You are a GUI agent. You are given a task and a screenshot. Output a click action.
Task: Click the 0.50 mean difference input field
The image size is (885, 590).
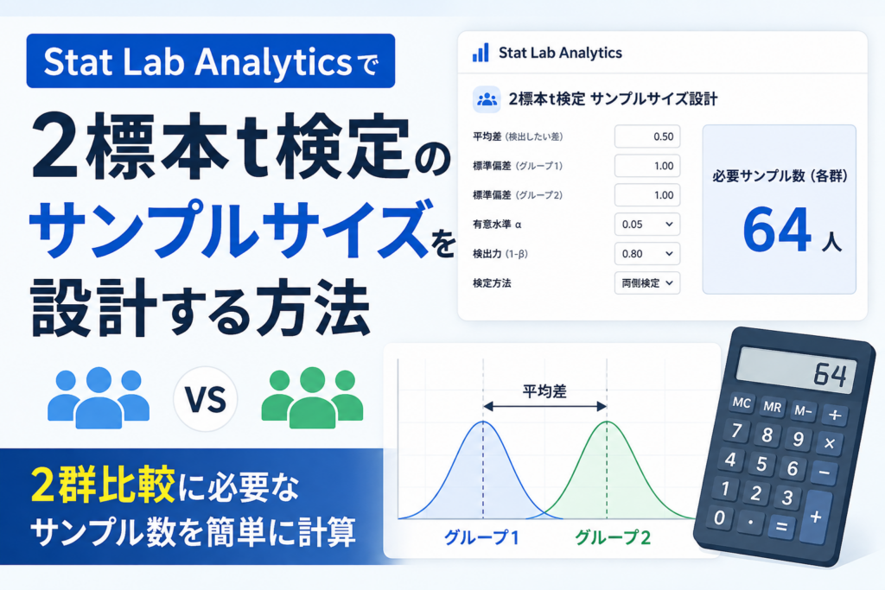(646, 136)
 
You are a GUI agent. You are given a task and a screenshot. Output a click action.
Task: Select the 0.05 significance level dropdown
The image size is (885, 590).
(646, 225)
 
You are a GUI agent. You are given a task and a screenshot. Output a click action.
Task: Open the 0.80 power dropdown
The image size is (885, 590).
(646, 254)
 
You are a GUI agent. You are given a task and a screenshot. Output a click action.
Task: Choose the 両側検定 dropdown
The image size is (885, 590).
(646, 283)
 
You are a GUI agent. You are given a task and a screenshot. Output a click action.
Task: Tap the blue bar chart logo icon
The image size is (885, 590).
(481, 53)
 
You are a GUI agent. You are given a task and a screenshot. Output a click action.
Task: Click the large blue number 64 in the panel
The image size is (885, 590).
(777, 230)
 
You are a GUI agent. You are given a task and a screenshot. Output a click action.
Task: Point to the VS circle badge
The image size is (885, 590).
(206, 399)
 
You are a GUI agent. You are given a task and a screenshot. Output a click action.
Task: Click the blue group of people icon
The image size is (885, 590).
(99, 397)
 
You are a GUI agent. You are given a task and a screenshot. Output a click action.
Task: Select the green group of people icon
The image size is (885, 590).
(312, 397)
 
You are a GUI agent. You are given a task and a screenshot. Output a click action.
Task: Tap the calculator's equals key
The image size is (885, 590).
(781, 527)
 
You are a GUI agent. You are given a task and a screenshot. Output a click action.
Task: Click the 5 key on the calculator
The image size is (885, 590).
(761, 464)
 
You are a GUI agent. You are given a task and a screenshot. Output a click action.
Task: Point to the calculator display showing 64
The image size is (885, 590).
(796, 371)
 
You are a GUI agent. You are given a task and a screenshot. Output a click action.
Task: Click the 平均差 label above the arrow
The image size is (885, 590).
(544, 391)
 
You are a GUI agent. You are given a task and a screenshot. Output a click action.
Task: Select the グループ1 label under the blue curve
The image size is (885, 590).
(481, 537)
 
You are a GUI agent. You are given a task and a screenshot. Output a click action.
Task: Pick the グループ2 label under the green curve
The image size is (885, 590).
(613, 537)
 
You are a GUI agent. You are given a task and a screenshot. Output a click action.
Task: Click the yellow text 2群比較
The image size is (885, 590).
(103, 485)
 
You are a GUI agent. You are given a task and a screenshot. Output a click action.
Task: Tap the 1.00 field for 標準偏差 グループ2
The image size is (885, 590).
(646, 195)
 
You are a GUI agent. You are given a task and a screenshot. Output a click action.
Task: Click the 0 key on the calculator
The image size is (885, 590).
(720, 517)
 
